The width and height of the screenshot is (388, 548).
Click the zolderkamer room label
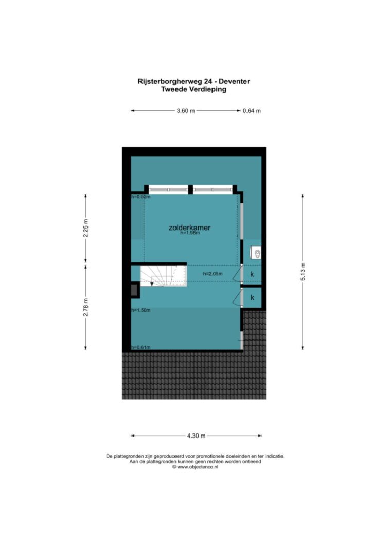pos(189,228)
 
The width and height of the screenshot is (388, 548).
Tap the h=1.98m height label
pos(190,233)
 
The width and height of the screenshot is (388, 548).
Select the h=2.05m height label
pos(213,274)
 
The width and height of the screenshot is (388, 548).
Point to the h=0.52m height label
pos(141,196)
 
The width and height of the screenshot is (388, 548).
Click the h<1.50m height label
pos(141,310)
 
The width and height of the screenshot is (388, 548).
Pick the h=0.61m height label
pos(141,347)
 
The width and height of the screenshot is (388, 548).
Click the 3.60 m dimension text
pos(186,111)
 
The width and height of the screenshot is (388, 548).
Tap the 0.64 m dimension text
pos(252,111)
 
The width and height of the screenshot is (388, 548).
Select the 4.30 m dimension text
pos(197,436)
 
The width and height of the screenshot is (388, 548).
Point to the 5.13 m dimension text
pos(303,271)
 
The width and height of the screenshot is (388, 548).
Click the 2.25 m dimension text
pos(86,228)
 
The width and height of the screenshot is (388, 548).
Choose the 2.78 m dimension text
pos(86,308)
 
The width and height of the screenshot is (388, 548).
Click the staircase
pos(164,276)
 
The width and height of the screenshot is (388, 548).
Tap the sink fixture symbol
pos(256,252)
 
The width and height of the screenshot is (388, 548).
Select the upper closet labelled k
pos(252,274)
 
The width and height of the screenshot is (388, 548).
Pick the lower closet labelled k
pos(252,298)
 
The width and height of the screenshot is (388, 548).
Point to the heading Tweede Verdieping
pos(193,89)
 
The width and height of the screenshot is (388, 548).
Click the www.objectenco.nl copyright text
pos(195,466)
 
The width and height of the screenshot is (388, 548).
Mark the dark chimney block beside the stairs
pos(134,290)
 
